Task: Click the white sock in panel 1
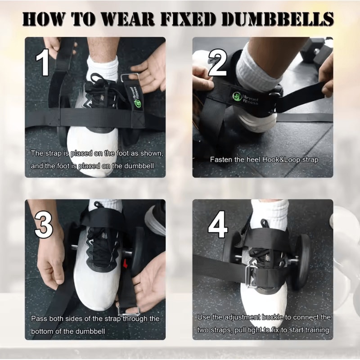pos(103,68)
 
